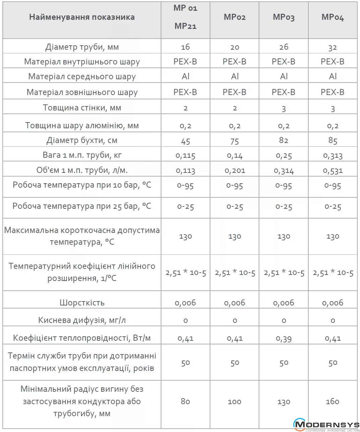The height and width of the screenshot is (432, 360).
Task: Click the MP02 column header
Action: coord(235,17)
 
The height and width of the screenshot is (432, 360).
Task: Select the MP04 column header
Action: coord(332,17)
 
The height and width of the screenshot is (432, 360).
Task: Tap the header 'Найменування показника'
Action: coord(82,17)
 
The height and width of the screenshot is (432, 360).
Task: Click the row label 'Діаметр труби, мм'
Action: coord(82,47)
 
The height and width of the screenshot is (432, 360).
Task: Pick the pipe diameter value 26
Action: coord(284,47)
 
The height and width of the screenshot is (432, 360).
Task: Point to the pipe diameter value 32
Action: coord(332,47)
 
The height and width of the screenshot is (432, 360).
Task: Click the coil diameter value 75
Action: coord(235,141)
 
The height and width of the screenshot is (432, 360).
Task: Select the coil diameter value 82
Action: coord(284,140)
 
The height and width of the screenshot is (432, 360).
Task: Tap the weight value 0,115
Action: coord(186,155)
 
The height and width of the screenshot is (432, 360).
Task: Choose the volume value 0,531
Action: coord(332,171)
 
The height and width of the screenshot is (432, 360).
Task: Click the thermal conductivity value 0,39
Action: coord(284,338)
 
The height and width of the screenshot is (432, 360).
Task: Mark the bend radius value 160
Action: coord(332,401)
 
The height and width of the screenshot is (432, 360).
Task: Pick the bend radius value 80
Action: coord(186,401)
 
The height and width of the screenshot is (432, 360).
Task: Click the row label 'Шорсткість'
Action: coord(82,302)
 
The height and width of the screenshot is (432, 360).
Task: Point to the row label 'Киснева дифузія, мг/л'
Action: coord(82,320)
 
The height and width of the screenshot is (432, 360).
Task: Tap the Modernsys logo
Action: coord(326,425)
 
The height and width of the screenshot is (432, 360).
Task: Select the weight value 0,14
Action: coord(235,155)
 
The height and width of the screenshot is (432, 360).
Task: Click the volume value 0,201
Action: coord(235,171)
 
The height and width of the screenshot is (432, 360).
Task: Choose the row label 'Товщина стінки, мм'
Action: coord(82,108)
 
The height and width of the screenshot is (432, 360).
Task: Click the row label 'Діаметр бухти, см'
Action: coord(82,140)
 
